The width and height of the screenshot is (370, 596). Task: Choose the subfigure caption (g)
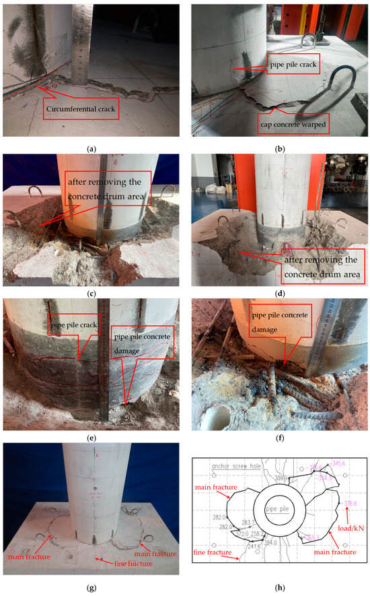(x=92, y=588)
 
